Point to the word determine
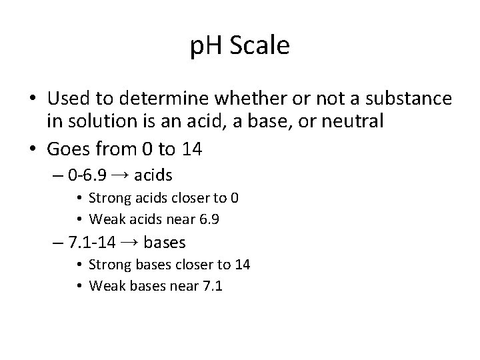coord(167,99)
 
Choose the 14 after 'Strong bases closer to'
coord(242,265)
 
